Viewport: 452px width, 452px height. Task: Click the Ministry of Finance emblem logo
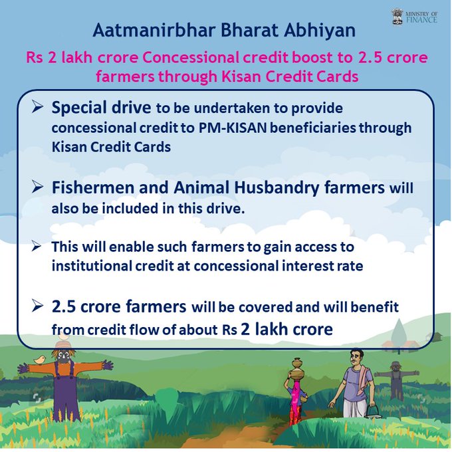pyautogui.click(x=398, y=17)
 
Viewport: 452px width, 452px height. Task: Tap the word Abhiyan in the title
pyautogui.click(x=320, y=31)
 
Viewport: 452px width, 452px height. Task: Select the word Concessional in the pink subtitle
pyautogui.click(x=190, y=57)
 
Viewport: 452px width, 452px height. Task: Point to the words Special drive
pyautogui.click(x=101, y=108)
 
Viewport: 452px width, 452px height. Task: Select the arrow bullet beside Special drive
pyautogui.click(x=37, y=107)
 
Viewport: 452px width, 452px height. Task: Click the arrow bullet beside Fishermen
pyautogui.click(x=37, y=187)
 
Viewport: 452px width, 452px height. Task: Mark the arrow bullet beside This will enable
pyautogui.click(x=37, y=247)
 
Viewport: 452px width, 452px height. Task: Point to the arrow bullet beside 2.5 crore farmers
pyautogui.click(x=37, y=306)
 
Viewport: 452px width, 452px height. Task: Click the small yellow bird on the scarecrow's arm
pyautogui.click(x=40, y=359)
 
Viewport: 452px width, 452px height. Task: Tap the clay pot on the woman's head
pyautogui.click(x=297, y=367)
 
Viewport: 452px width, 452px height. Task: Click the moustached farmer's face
pyautogui.click(x=356, y=359)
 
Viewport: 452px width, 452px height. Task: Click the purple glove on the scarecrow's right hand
pyautogui.click(x=108, y=365)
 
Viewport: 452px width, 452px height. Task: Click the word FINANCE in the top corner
pyautogui.click(x=421, y=19)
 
